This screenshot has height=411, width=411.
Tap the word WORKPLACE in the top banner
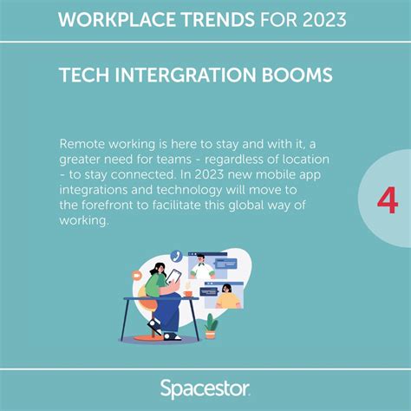tap(105, 19)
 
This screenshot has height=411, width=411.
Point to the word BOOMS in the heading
tap(300, 75)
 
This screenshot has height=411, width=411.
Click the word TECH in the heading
tap(83, 75)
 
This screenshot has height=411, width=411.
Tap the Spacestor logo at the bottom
tap(205, 388)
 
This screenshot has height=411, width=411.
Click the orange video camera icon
tap(137, 275)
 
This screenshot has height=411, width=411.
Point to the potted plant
tap(211, 326)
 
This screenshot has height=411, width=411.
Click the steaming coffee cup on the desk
tap(187, 292)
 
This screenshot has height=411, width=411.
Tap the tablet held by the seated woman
tap(173, 276)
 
